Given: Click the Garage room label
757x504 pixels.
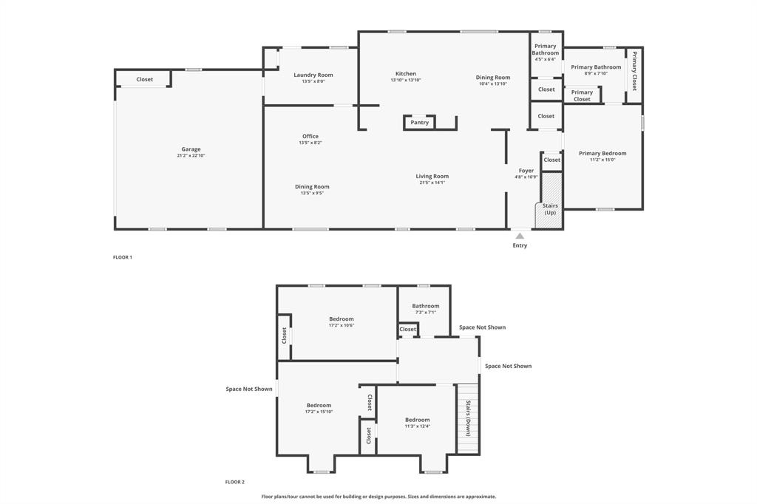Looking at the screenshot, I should tap(191, 149).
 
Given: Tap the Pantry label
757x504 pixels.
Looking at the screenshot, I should tap(420, 123).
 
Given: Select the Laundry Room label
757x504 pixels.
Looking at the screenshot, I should tap(313, 75).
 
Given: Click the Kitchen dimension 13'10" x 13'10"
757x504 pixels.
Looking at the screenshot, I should tap(406, 80).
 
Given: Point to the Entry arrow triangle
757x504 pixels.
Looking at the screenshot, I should tap(520, 236).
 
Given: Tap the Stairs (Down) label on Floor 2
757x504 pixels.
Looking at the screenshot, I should tap(468, 418).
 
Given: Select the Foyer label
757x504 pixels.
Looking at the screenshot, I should tap(526, 171).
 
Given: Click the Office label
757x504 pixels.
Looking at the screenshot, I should tap(310, 136).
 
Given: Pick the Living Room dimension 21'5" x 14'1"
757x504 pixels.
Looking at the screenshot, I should tap(432, 183).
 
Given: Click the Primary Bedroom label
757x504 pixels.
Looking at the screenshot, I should tap(602, 153).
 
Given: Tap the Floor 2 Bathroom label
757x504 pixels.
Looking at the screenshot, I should tap(426, 306).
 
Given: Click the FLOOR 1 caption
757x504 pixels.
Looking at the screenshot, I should tap(122, 257).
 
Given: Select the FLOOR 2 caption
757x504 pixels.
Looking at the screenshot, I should tap(235, 482).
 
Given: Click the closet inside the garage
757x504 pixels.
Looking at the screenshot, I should tap(145, 79).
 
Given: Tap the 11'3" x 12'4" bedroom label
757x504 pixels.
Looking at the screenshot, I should tap(417, 420).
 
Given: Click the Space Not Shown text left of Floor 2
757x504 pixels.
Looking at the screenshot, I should tap(249, 389).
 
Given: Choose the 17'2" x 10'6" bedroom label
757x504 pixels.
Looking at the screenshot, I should tap(342, 319).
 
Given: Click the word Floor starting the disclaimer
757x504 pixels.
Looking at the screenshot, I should tap(269, 497).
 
